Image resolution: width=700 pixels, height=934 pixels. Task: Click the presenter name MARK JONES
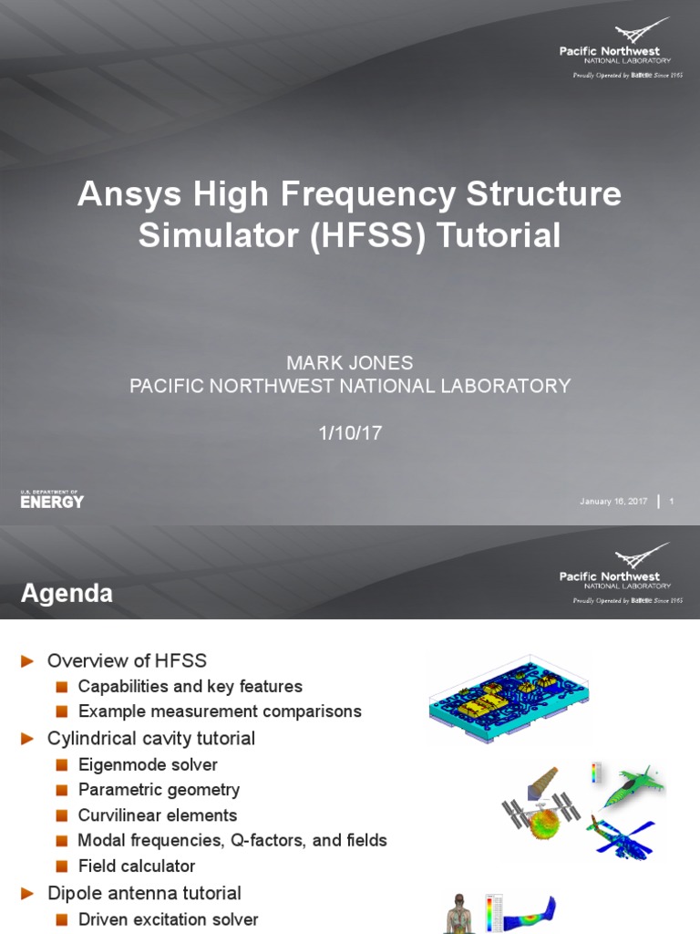pyautogui.click(x=350, y=362)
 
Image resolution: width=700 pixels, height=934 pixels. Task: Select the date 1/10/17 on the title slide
pyautogui.click(x=350, y=433)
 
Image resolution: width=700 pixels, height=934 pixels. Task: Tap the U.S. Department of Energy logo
pyautogui.click(x=52, y=499)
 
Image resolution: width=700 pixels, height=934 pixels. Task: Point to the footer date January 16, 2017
pyautogui.click(x=613, y=501)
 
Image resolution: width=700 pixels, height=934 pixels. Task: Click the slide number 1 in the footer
pyautogui.click(x=672, y=501)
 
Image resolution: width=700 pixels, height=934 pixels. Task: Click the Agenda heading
pyautogui.click(x=67, y=595)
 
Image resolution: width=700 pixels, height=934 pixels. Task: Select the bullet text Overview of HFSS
pyautogui.click(x=127, y=660)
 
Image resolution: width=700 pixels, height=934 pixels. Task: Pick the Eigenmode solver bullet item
pyautogui.click(x=148, y=764)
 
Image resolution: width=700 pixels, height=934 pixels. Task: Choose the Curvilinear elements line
pyautogui.click(x=157, y=815)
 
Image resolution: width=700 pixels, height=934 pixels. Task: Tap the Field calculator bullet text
pyautogui.click(x=137, y=866)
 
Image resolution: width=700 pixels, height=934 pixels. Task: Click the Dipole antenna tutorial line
pyautogui.click(x=144, y=893)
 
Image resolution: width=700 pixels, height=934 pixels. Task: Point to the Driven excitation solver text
pyautogui.click(x=168, y=919)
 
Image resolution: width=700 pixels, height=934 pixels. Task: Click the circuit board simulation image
pyautogui.click(x=508, y=699)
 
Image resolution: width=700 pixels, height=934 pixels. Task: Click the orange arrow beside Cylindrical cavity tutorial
pyautogui.click(x=29, y=738)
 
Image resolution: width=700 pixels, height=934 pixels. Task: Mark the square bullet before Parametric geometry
pyautogui.click(x=61, y=790)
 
